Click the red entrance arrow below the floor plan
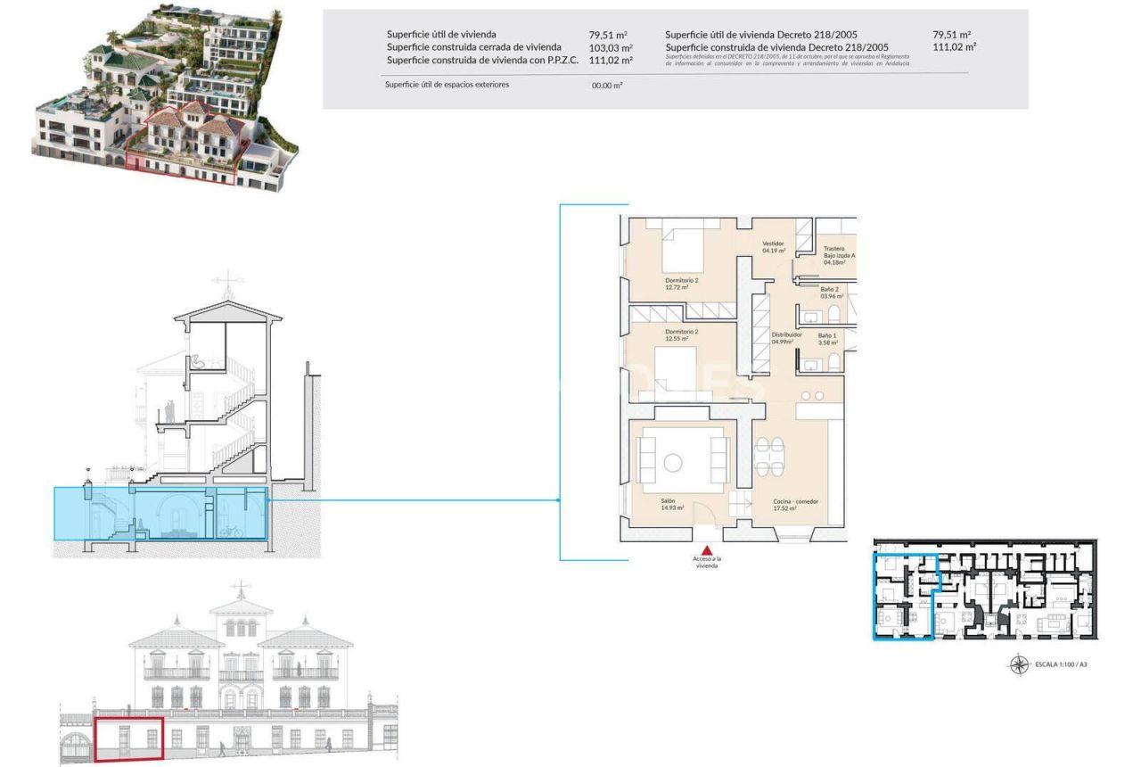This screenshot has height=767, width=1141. click(x=707, y=550)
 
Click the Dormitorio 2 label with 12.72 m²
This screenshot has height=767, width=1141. click(x=682, y=284)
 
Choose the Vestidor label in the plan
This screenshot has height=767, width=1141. click(x=773, y=247)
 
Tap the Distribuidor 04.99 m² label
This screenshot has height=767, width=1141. click(x=784, y=338)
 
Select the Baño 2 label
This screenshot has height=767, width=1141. click(x=830, y=293)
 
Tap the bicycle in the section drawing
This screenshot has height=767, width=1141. click(x=231, y=532)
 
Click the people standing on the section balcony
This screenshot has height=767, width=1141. click(x=168, y=412)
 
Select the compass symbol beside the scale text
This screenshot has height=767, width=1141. click(x=1019, y=664)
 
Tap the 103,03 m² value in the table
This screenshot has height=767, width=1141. click(x=611, y=47)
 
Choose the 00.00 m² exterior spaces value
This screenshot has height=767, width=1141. click(x=607, y=86)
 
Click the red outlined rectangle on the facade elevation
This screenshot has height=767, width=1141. click(x=129, y=739)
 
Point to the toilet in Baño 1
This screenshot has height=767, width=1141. click(x=833, y=360)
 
